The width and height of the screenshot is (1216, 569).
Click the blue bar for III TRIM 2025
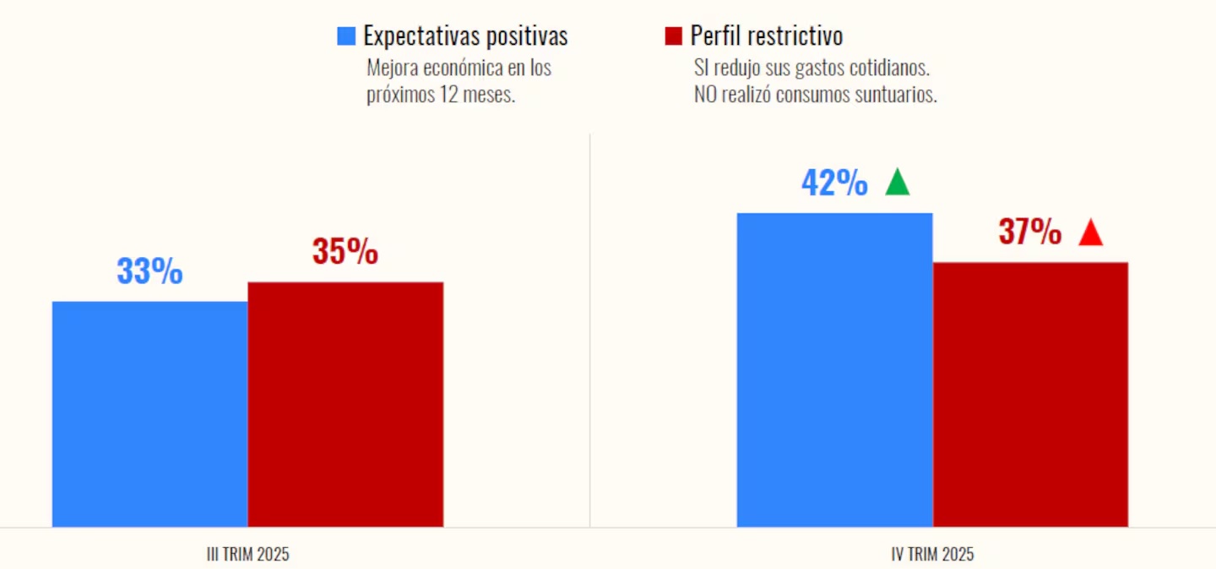click(x=149, y=413)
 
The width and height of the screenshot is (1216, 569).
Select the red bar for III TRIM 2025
click(x=345, y=404)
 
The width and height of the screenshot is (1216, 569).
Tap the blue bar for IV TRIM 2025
click(x=834, y=369)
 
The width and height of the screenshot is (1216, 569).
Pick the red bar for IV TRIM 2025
click(x=1030, y=394)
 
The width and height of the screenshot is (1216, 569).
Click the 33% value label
click(x=149, y=272)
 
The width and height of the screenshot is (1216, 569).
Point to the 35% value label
click(x=345, y=252)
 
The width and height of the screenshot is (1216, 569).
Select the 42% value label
click(x=834, y=183)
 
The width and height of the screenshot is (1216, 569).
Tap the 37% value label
click(x=1030, y=233)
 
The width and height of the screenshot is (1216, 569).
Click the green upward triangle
click(x=898, y=182)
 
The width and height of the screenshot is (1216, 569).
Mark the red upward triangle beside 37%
click(x=1091, y=233)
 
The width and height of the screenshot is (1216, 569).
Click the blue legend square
click(x=345, y=36)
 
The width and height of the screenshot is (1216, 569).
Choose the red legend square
click(x=673, y=36)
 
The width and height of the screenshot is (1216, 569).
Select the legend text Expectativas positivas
click(x=465, y=36)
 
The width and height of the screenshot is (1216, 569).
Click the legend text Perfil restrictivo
click(x=766, y=36)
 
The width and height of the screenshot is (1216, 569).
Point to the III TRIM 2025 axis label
click(x=247, y=555)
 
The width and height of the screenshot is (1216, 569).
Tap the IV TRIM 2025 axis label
click(x=932, y=555)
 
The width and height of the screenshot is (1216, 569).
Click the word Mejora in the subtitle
click(x=393, y=68)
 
